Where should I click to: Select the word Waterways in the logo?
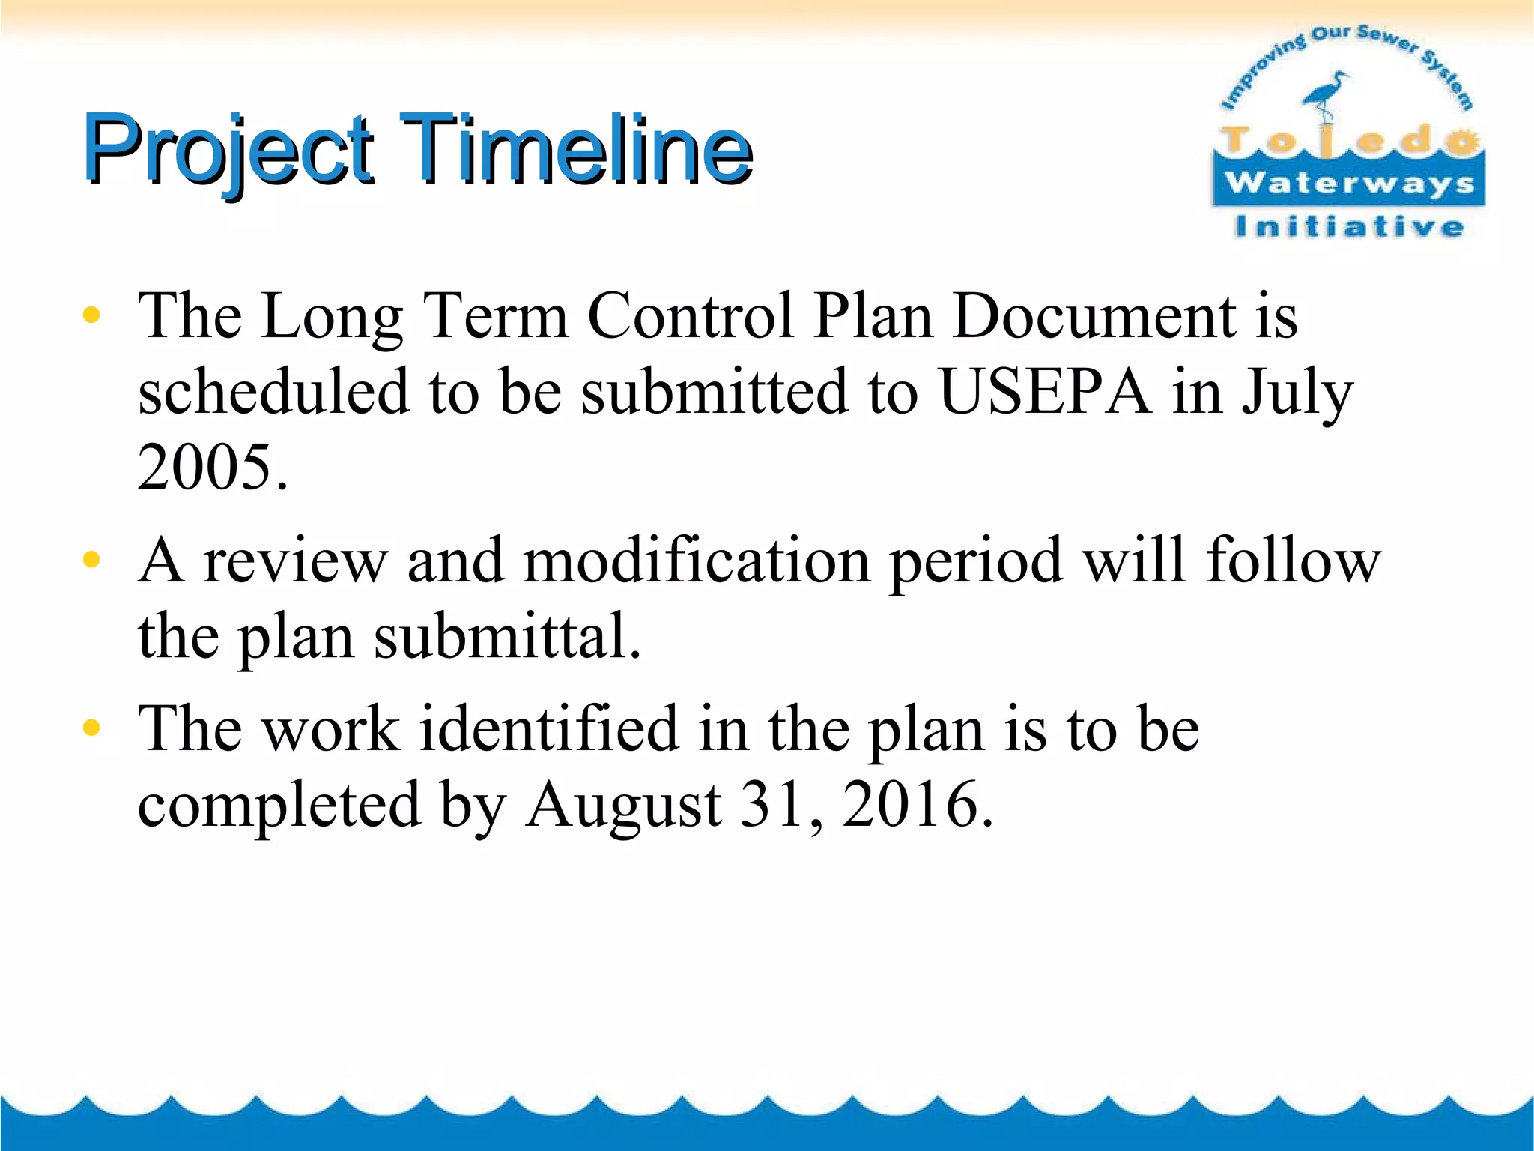pos(1349,182)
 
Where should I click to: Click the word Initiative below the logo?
pos(1349,226)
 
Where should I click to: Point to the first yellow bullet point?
pos(91,315)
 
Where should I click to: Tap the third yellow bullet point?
pos(91,728)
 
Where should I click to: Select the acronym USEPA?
pos(1046,391)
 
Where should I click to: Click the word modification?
pos(697,561)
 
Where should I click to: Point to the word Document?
pos(1094,315)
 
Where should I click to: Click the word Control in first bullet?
pos(690,315)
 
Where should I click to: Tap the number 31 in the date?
pos(771,803)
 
